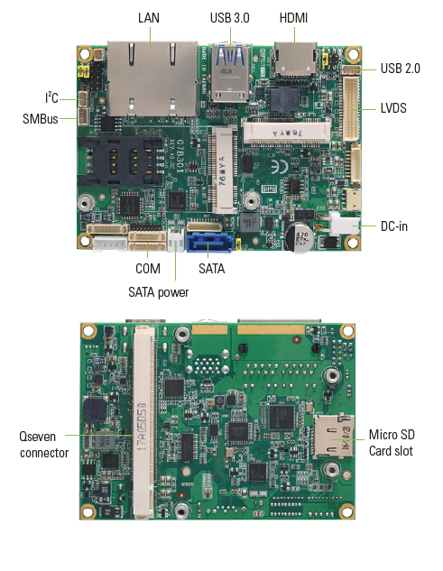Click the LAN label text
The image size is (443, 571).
(149, 18)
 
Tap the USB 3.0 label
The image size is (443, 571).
(229, 18)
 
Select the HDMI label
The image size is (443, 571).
(293, 18)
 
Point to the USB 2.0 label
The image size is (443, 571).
(400, 69)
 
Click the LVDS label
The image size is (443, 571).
(393, 108)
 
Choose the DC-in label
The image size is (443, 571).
(393, 226)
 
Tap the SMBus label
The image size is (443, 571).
(41, 119)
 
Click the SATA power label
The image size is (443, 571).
(159, 292)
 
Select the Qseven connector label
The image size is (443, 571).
(43, 445)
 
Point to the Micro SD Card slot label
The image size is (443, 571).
(392, 442)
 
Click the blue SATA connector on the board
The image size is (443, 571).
(209, 243)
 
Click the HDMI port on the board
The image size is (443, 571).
(295, 60)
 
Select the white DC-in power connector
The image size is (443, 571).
(345, 223)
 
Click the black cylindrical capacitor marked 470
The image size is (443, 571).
(300, 237)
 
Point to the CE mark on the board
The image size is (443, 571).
(280, 168)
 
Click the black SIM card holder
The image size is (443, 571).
(120, 161)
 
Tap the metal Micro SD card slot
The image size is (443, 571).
(333, 437)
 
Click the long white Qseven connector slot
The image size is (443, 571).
(144, 421)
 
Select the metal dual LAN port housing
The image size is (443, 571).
(152, 78)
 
